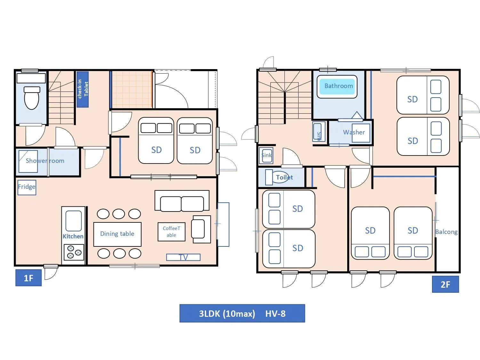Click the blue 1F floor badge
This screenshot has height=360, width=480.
click(28, 278)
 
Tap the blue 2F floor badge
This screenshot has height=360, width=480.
click(445, 284)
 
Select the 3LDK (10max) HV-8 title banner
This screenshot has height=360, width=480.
click(242, 313)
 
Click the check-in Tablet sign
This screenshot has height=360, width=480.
click(83, 89)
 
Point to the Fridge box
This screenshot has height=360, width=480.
click(27, 187)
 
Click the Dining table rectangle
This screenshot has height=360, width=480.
click(117, 234)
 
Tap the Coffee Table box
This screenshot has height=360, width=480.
click(171, 232)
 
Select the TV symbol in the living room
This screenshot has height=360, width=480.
click(183, 257)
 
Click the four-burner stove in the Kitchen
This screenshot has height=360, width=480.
click(74, 252)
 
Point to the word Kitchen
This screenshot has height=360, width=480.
click(73, 236)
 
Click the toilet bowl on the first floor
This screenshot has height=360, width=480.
click(32, 98)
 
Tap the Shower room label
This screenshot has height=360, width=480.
click(45, 161)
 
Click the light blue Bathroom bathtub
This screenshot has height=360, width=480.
click(337, 86)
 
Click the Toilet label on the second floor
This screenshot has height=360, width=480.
click(284, 177)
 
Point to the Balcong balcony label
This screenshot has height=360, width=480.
click(446, 232)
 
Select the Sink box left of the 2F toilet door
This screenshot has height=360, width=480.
click(267, 156)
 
